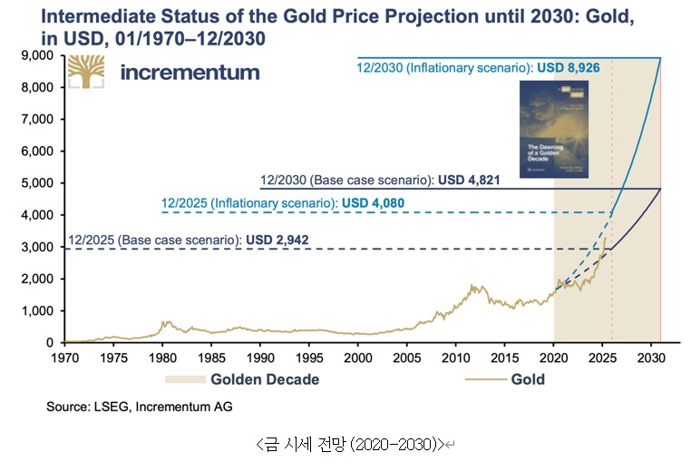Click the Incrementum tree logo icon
(84, 71)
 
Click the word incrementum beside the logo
(190, 73)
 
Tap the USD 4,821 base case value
(468, 180)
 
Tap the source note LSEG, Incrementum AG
(139, 408)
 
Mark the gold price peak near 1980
(165, 321)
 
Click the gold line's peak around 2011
(472, 285)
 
